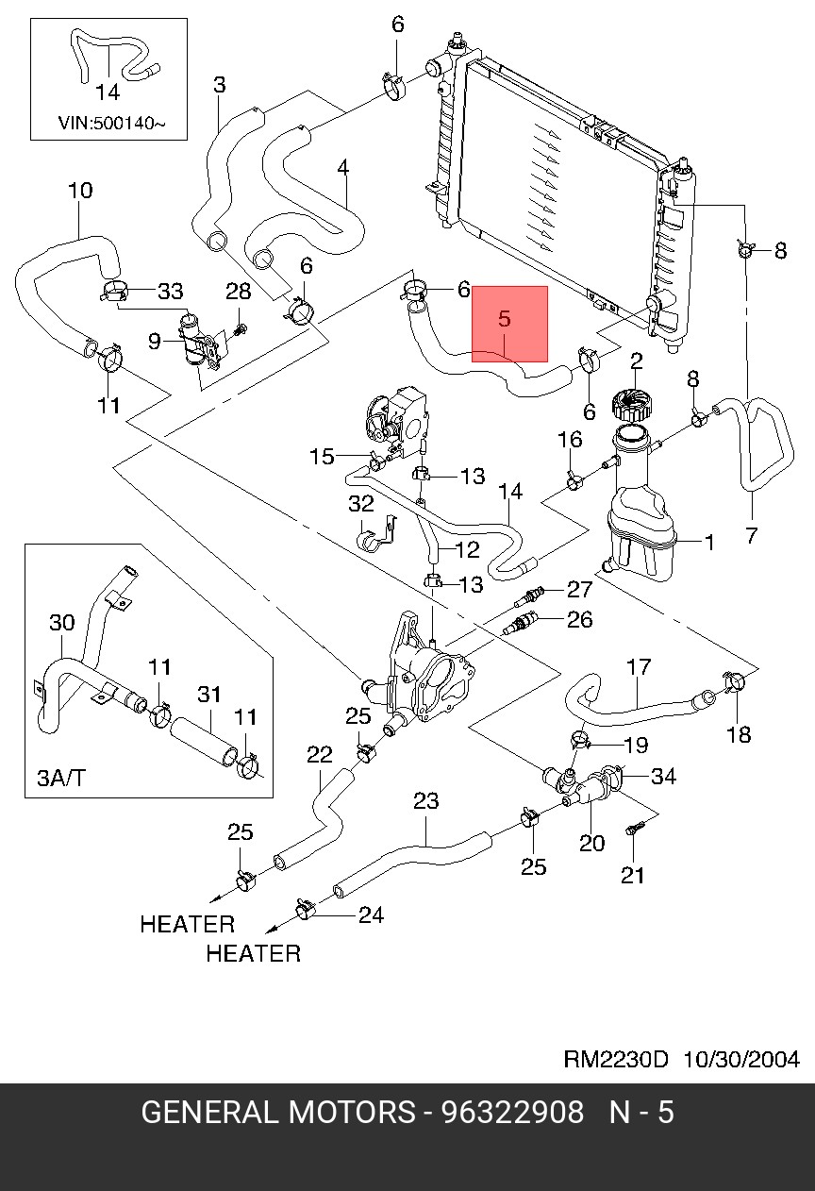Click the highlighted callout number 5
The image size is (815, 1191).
(505, 320)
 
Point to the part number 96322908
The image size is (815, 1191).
(513, 1113)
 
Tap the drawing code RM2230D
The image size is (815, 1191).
(616, 1059)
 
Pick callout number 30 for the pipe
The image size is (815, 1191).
(61, 623)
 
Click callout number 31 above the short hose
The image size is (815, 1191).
(208, 696)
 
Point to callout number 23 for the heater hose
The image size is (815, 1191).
(426, 801)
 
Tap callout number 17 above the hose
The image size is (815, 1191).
(639, 667)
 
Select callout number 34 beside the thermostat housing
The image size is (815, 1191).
(664, 777)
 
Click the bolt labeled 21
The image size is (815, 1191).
(633, 830)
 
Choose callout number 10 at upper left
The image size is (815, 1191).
(80, 191)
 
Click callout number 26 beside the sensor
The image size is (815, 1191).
(579, 619)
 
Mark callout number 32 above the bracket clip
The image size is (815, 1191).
(361, 504)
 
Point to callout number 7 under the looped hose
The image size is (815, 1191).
(751, 535)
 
